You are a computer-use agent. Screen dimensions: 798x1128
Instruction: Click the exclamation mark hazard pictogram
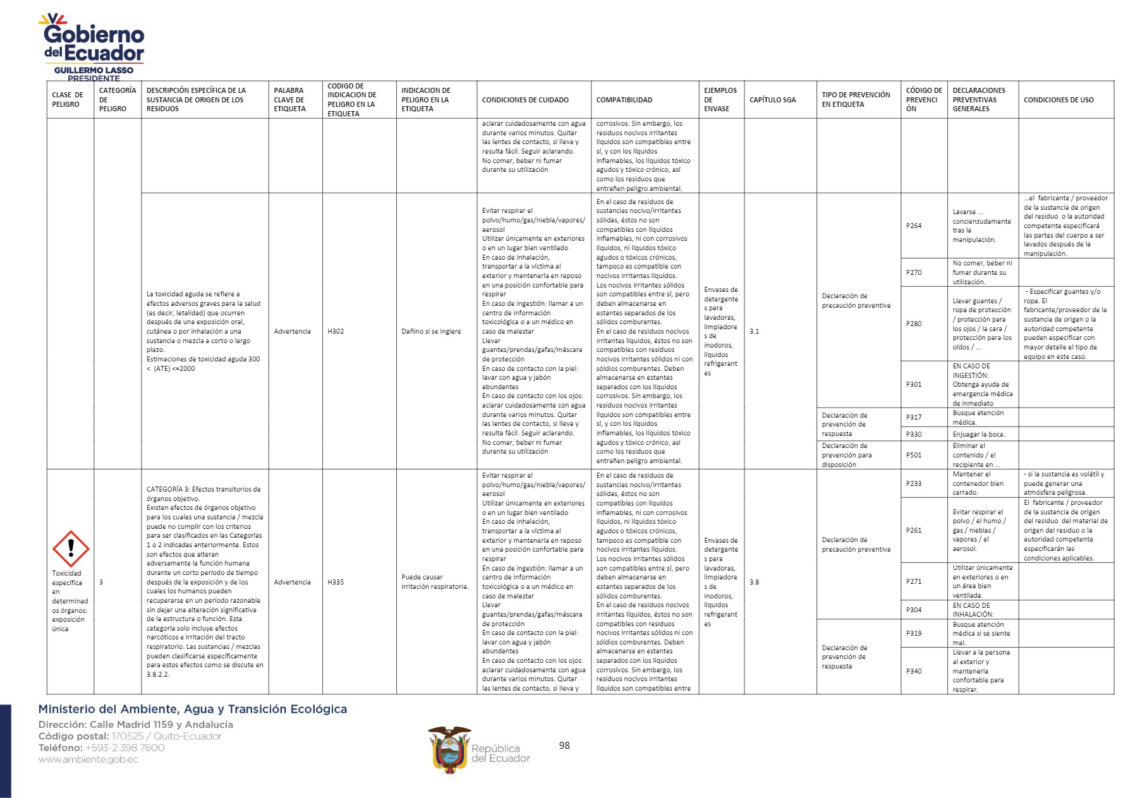[70, 548]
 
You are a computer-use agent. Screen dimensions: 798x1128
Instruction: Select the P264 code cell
[914, 226]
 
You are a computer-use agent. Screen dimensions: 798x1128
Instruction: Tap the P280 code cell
[914, 323]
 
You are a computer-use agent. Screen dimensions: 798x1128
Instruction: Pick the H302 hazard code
[336, 331]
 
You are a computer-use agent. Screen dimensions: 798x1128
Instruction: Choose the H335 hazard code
[336, 582]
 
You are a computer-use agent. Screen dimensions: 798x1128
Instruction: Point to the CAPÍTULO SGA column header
[772, 100]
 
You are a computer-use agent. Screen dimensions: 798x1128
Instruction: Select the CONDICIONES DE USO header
[1058, 100]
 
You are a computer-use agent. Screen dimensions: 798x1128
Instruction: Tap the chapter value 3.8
[755, 582]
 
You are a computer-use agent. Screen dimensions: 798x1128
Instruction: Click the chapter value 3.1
[755, 331]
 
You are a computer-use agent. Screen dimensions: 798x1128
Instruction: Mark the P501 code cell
[914, 455]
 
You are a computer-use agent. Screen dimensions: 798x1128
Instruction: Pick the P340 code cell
[914, 671]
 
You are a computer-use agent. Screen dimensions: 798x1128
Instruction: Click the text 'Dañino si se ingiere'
[431, 331]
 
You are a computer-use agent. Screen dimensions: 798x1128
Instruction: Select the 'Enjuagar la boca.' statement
[978, 434]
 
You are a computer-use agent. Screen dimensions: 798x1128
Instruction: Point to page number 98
[564, 746]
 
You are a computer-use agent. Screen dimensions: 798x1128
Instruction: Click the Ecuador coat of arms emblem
[449, 749]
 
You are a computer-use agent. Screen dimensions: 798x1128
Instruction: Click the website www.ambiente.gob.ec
[88, 759]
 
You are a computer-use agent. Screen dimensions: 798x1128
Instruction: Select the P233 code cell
[914, 483]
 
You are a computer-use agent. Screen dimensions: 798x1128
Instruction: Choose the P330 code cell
[914, 434]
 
